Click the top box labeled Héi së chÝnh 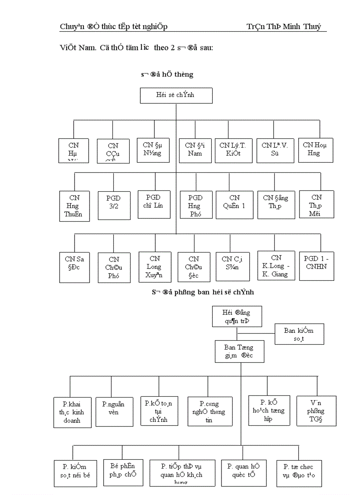176,95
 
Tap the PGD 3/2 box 114,205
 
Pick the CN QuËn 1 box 234,205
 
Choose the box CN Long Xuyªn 154,267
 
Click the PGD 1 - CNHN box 316,266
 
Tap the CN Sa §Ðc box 74,267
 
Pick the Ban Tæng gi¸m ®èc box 240,351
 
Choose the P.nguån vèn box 114,410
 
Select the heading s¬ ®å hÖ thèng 167,74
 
